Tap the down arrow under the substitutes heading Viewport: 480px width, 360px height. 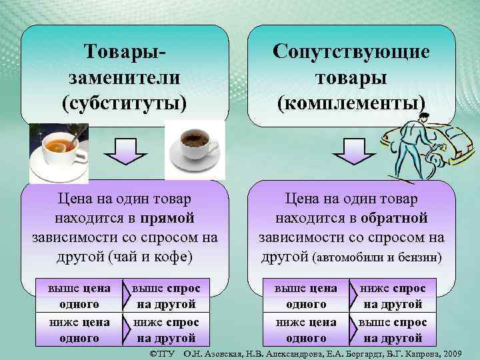pos(123,151)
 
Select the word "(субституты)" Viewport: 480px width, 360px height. pos(124,103)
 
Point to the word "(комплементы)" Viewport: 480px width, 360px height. pos(351,103)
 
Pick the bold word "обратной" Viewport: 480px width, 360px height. pos(394,218)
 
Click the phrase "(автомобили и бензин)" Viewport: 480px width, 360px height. pos(377,256)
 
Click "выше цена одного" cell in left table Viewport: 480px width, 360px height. pos(78,295)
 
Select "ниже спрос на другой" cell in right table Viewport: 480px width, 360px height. pos(393,295)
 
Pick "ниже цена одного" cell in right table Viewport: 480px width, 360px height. pos(306,329)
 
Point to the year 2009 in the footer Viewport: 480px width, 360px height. pos(457,351)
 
